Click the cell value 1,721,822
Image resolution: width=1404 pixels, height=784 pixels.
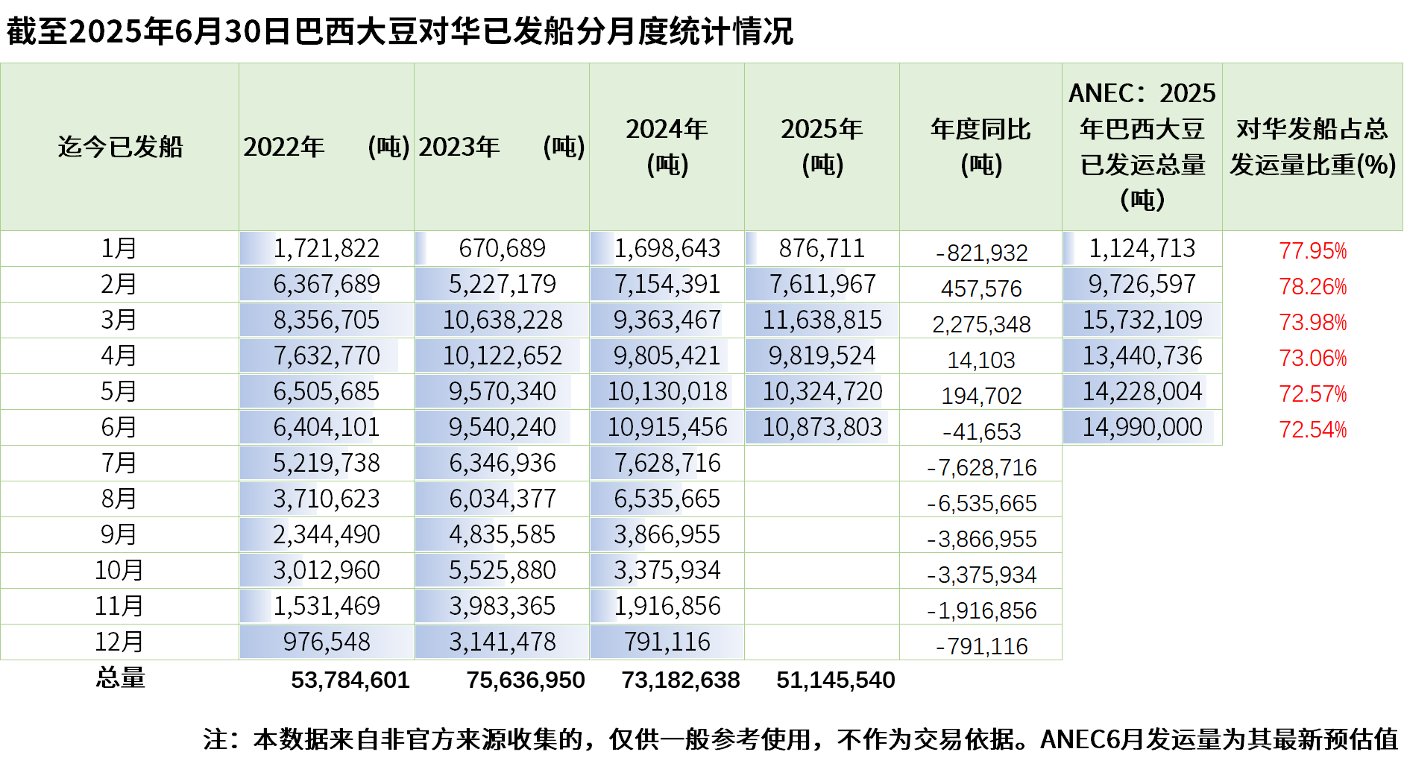326,248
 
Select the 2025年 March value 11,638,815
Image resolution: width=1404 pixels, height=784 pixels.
822,320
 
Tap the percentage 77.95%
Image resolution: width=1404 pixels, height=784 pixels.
1312,250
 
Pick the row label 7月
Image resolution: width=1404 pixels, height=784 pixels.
119,463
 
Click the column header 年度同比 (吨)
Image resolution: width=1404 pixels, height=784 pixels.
980,147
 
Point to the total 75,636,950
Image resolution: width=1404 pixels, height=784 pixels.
526,680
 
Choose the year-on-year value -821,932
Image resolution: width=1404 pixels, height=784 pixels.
981,253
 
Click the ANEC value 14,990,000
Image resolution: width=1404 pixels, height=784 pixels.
1142,427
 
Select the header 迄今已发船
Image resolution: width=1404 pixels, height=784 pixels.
120,147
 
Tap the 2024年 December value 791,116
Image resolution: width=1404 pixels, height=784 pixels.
667,642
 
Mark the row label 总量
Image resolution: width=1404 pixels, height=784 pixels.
120,677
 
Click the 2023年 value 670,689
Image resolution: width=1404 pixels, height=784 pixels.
502,248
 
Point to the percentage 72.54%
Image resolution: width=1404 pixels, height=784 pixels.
1312,430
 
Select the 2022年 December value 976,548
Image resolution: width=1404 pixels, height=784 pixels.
326,642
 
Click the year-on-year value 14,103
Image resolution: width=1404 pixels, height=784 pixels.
981,360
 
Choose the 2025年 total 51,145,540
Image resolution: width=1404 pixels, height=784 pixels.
835,680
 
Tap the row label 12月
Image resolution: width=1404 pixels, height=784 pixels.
119,642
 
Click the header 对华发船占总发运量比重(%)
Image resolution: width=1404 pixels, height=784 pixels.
1312,147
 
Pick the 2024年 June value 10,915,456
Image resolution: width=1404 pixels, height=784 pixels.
667,427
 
